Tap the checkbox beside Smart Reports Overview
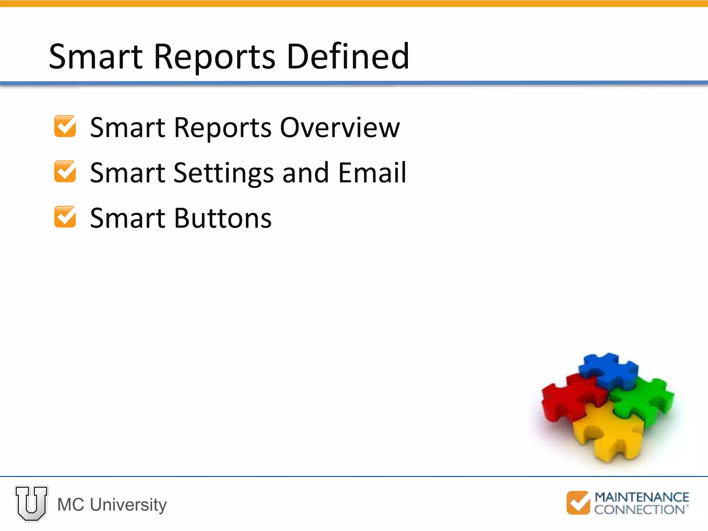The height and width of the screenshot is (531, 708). pyautogui.click(x=65, y=127)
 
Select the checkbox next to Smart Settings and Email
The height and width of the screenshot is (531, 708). pyautogui.click(x=65, y=171)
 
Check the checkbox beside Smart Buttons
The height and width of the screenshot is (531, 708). pyautogui.click(x=65, y=217)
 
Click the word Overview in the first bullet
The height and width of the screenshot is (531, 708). pyautogui.click(x=339, y=128)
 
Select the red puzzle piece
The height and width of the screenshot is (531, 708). pyautogui.click(x=570, y=398)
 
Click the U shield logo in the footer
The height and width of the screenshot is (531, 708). pyautogui.click(x=31, y=503)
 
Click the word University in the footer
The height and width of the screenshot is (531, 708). pyautogui.click(x=128, y=505)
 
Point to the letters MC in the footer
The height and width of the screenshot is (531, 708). pyautogui.click(x=71, y=505)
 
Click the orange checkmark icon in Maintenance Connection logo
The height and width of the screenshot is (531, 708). pyautogui.click(x=578, y=503)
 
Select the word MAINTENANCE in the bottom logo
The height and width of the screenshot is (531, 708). pyautogui.click(x=642, y=497)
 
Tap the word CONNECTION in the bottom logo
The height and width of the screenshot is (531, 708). pyautogui.click(x=640, y=510)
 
